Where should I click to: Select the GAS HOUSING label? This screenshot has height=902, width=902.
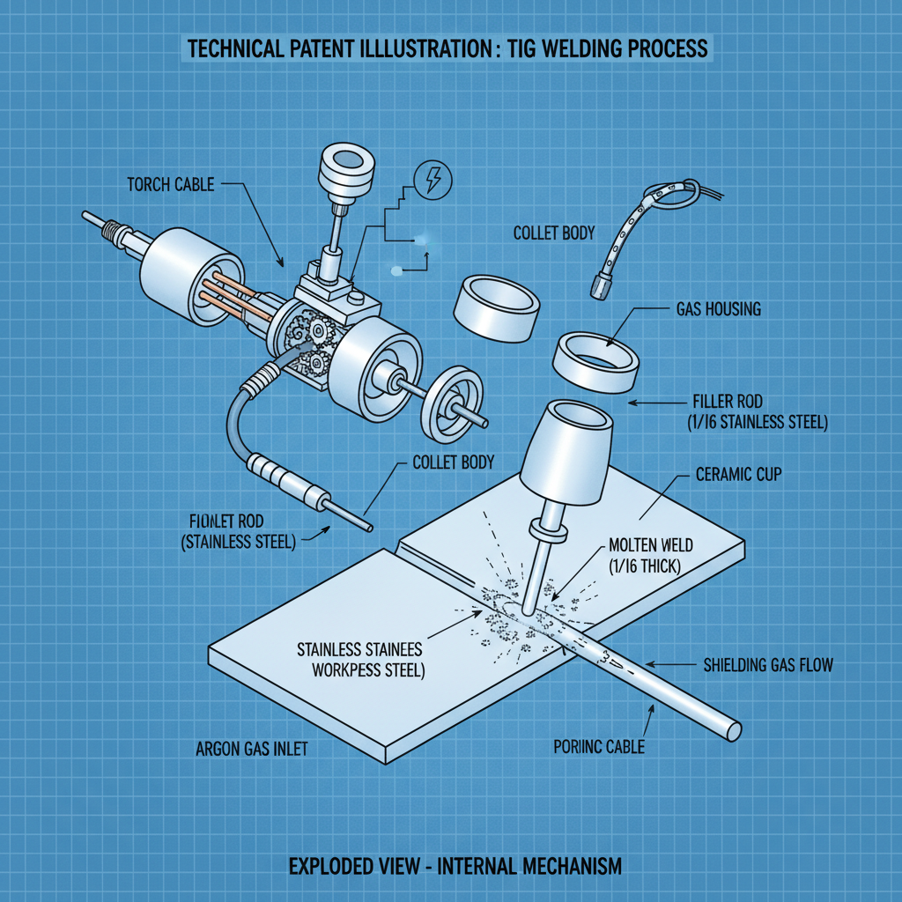(718, 310)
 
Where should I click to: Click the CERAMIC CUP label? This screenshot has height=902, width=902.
(738, 475)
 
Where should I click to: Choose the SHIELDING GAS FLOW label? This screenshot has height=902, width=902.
(767, 665)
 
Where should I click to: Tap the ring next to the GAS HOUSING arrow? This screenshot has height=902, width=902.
(595, 360)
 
